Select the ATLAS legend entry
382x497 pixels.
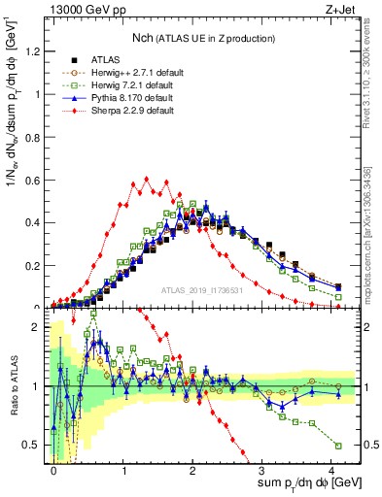pyautogui.click(x=105, y=59)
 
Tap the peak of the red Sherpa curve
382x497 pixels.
pyautogui.click(x=145, y=179)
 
